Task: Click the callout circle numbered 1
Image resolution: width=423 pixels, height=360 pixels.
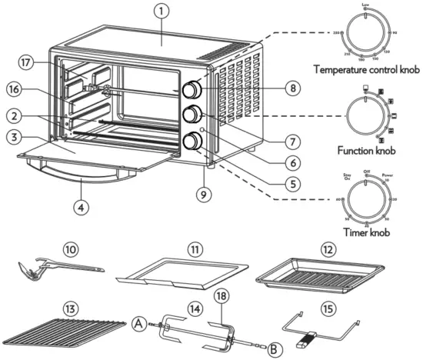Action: click(x=160, y=12)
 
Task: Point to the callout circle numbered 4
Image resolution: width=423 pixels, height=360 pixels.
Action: click(x=82, y=206)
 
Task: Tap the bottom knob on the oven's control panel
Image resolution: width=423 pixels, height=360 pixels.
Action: click(x=188, y=140)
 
